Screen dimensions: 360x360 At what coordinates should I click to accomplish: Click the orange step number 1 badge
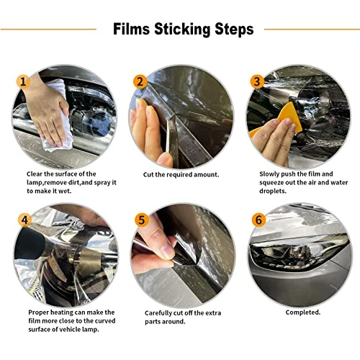pyautogui.click(x=23, y=82)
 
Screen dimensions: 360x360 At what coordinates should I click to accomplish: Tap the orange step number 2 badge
pyautogui.click(x=140, y=81)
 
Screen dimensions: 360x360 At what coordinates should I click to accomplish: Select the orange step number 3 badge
pyautogui.click(x=257, y=81)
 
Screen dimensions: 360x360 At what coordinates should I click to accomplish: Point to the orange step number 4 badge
pyautogui.click(x=25, y=220)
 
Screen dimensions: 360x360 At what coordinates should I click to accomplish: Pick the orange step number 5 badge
pyautogui.click(x=142, y=220)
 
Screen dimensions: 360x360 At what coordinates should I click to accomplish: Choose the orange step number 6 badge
pyautogui.click(x=258, y=220)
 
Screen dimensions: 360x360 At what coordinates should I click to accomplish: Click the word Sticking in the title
pyautogui.click(x=182, y=30)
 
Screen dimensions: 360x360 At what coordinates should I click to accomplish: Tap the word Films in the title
pyautogui.click(x=132, y=29)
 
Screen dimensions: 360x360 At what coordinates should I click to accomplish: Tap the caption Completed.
pyautogui.click(x=303, y=312)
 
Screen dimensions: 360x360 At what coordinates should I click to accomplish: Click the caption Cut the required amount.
pyautogui.click(x=181, y=174)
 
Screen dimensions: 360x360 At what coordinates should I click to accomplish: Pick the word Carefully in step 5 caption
pyautogui.click(x=157, y=313)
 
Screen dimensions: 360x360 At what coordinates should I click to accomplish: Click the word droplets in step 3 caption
pyautogui.click(x=273, y=192)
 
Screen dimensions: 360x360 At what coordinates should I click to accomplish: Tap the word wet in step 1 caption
pyautogui.click(x=66, y=192)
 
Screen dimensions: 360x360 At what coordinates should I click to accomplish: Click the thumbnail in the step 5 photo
pyautogui.click(x=168, y=251)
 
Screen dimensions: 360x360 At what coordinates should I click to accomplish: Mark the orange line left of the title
pyautogui.click(x=48, y=30)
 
